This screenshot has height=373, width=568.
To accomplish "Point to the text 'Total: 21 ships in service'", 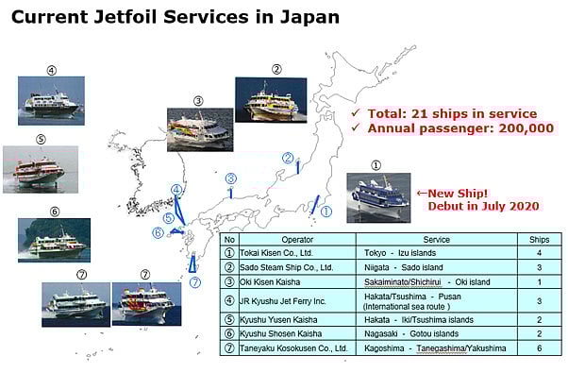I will pos(449,113).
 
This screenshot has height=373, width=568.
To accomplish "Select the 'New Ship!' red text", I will pos(449,189).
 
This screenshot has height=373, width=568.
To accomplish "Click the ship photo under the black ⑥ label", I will pos(53,241).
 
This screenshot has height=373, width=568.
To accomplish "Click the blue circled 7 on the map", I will pos(195,281).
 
